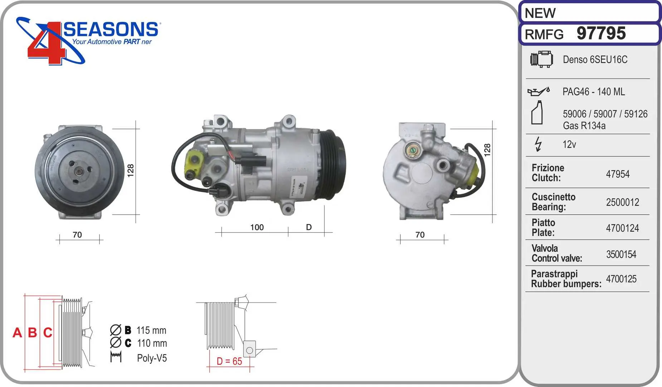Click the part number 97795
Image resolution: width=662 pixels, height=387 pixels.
(601, 33)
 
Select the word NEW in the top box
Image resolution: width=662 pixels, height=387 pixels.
(540, 13)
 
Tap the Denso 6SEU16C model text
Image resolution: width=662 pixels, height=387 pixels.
(595, 59)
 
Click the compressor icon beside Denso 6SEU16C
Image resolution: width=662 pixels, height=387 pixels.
(541, 59)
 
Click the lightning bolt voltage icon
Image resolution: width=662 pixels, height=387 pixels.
(538, 144)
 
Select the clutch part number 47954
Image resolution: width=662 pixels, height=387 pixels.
(618, 174)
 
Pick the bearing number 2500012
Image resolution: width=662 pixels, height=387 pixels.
(623, 202)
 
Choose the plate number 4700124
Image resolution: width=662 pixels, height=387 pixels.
(622, 228)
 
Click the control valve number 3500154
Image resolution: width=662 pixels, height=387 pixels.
(621, 254)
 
